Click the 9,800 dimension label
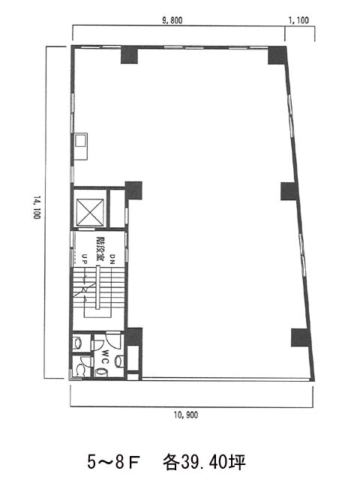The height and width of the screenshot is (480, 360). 172,20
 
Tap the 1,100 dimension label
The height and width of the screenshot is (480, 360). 298,20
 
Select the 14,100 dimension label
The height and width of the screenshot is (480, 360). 37,208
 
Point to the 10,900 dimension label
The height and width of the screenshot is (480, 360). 186,415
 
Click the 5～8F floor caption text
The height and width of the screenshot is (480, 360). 113,462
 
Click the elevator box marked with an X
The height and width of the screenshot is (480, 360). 90,211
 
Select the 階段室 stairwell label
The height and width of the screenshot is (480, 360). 99,247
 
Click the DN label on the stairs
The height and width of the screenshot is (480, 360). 112,259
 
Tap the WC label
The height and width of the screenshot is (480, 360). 106,357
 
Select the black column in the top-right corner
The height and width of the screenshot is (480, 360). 277,55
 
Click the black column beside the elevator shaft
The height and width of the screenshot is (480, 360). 133,190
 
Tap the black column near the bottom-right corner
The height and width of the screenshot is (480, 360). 301,337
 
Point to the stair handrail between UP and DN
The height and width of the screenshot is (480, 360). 97,287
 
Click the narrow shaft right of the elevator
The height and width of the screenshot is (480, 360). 117,208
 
